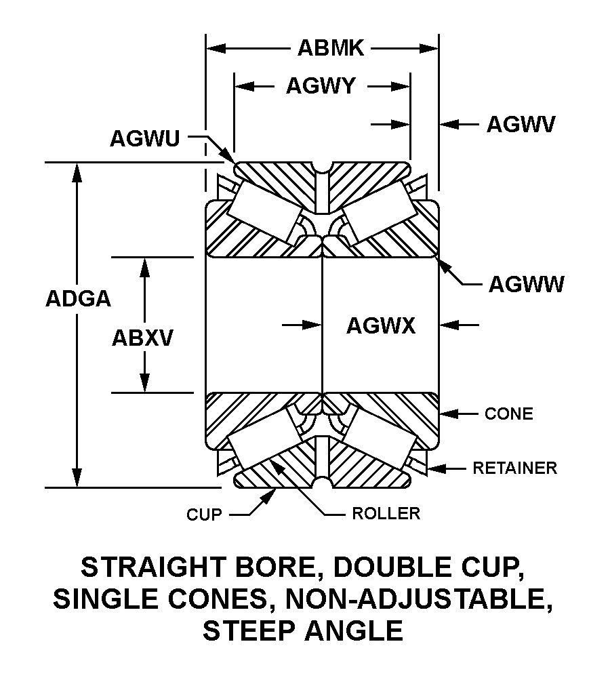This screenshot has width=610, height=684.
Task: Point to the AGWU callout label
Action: (x=144, y=138)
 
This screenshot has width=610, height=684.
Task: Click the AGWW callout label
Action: (x=526, y=285)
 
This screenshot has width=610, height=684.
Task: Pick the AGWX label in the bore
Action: (x=380, y=326)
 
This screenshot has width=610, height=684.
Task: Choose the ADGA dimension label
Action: (x=78, y=298)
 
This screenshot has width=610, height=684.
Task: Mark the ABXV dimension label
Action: (x=143, y=337)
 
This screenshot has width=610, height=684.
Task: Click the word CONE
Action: (x=508, y=414)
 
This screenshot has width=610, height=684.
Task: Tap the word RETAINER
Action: (x=514, y=468)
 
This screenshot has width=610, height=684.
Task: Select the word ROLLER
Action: (x=386, y=514)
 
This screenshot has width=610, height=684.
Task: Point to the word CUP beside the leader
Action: (x=204, y=515)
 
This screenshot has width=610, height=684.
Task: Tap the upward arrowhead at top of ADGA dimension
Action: (x=78, y=172)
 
